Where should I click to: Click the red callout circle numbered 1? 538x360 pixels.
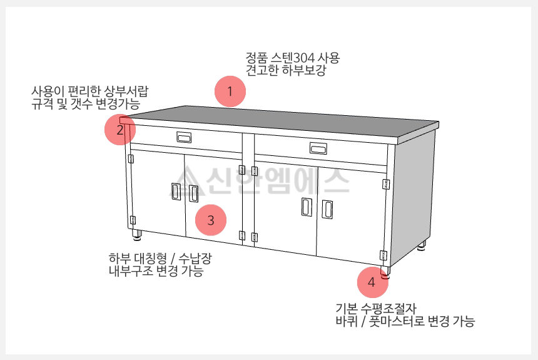[x=230, y=91]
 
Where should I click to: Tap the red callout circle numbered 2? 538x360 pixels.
[x=120, y=130]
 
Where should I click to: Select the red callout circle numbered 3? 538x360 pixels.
[x=211, y=220]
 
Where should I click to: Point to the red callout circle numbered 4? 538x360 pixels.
[x=373, y=282]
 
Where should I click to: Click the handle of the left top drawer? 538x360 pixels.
[x=184, y=137]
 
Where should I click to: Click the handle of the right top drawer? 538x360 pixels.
[x=318, y=148]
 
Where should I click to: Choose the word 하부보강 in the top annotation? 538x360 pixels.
[x=303, y=70]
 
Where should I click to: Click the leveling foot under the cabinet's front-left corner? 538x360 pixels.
[x=136, y=234]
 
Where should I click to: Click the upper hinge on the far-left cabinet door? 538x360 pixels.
[x=131, y=158]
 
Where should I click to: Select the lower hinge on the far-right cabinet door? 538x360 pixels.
[x=383, y=255]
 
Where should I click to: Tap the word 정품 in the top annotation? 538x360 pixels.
[x=256, y=58]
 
